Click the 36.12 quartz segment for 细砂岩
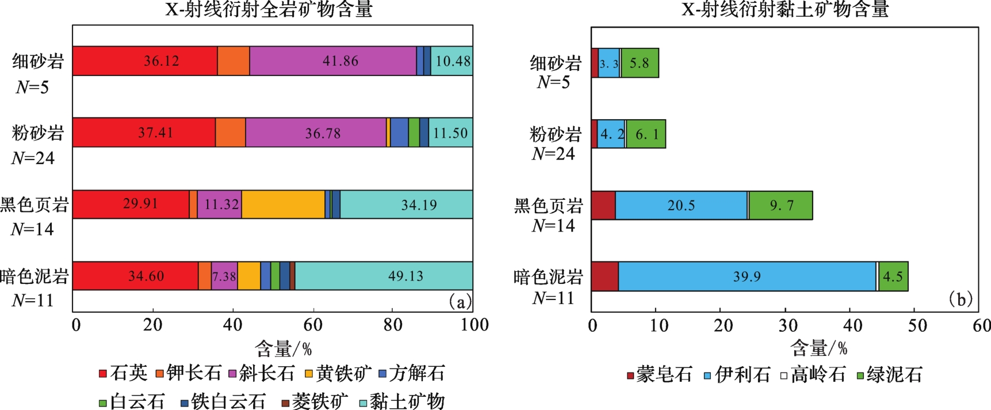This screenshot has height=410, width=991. [145, 61]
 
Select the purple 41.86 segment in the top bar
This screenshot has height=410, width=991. [333, 61]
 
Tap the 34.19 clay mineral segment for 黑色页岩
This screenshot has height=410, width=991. [406, 204]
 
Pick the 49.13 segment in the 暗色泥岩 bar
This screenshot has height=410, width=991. [384, 276]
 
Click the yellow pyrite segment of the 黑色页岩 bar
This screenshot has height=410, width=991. [283, 204]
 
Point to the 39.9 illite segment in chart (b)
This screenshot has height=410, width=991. [747, 277]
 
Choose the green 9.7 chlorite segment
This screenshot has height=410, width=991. [780, 206]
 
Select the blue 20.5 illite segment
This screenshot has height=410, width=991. [681, 206]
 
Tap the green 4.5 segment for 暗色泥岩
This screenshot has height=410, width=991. [893, 277]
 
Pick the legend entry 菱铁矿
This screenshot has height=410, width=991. [314, 401]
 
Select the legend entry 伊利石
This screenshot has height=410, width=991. [737, 375]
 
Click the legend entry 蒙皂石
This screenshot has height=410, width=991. [659, 375]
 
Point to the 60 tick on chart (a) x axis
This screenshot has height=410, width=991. [313, 325]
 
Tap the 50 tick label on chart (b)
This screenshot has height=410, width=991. [917, 326]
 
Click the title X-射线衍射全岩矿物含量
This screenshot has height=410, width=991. [269, 9]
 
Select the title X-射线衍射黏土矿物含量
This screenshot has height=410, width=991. [785, 9]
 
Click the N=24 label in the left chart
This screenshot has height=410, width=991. [33, 158]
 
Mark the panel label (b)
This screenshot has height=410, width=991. [960, 299]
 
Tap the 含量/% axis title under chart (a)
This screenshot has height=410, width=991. [283, 348]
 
